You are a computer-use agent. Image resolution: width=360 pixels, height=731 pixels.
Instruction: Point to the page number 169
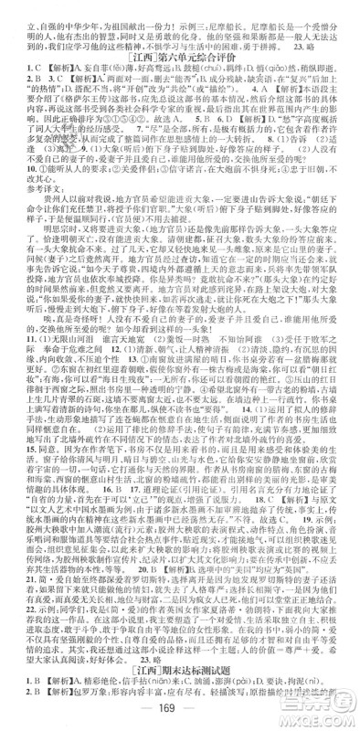[179, 711]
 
